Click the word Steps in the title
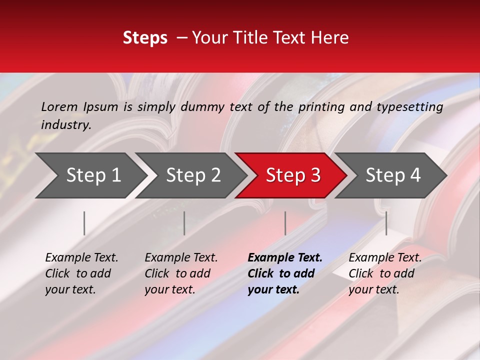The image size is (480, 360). (x=145, y=38)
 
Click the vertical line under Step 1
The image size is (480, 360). (x=84, y=223)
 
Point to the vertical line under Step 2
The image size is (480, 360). (x=184, y=223)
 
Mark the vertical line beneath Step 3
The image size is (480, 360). (x=285, y=223)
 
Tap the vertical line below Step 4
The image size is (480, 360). (x=386, y=223)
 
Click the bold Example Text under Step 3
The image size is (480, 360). (x=285, y=258)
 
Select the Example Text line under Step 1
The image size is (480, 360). (x=81, y=258)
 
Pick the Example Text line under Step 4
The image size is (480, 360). (x=385, y=258)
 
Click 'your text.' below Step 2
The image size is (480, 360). (x=169, y=290)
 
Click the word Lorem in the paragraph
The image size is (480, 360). (x=59, y=107)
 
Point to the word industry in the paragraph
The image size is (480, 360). (x=65, y=125)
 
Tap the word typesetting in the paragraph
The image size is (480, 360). (x=409, y=107)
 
